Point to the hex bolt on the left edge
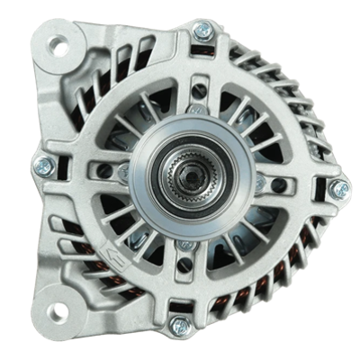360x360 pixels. (41, 166)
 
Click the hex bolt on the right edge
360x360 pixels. (340, 189)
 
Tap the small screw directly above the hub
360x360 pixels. (192, 110)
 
